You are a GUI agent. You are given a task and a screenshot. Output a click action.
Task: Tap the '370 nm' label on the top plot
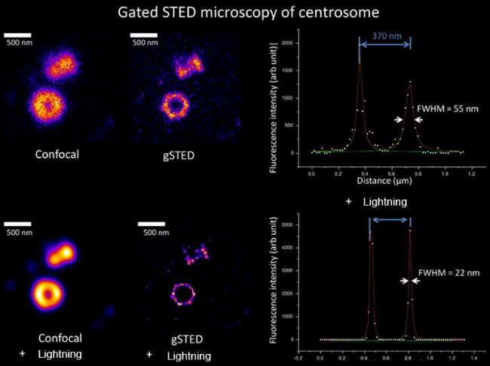pos(384,35)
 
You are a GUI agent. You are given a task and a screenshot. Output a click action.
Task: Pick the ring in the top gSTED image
pos(179,105)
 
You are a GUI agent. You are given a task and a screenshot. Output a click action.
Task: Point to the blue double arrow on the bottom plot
pos(390,220)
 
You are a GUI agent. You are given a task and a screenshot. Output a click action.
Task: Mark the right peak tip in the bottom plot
pos(410,230)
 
